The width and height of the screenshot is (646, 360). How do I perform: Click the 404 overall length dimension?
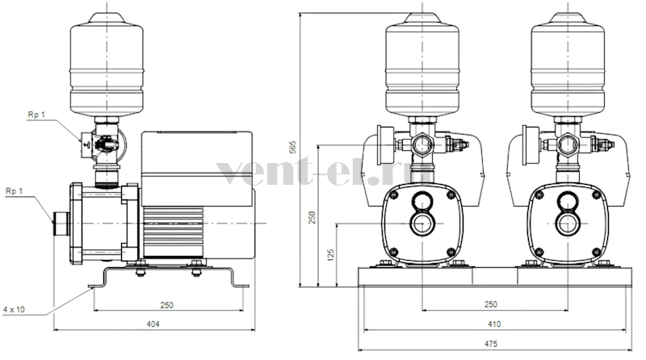tap(153, 324)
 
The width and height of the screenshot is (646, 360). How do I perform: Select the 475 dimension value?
tap(491, 344)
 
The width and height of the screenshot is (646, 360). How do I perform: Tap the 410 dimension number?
tap(494, 324)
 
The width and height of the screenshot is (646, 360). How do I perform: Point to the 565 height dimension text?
tap(292, 147)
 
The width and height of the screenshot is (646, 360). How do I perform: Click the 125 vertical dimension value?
tap(330, 255)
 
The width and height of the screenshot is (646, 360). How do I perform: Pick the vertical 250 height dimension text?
tap(313, 217)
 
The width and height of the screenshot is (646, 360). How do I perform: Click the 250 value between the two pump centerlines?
tap(491, 304)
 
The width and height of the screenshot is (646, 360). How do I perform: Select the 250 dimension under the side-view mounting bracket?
tap(167, 305)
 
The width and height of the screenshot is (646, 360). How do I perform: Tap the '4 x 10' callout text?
tap(14, 309)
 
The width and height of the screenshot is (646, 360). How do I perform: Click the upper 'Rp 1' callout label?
tap(36, 115)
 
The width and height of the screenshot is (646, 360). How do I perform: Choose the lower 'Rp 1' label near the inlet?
tap(15, 191)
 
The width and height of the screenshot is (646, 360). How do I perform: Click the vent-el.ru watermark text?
tap(324, 172)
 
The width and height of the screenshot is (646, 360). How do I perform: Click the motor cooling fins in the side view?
tap(173, 232)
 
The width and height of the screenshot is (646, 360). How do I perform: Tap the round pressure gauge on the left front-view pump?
tap(386, 145)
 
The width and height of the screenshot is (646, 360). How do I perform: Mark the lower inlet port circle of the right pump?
tap(568, 224)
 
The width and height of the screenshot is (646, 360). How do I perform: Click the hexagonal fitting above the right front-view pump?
tap(568, 145)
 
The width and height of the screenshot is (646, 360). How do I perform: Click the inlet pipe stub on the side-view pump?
tap(61, 224)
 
